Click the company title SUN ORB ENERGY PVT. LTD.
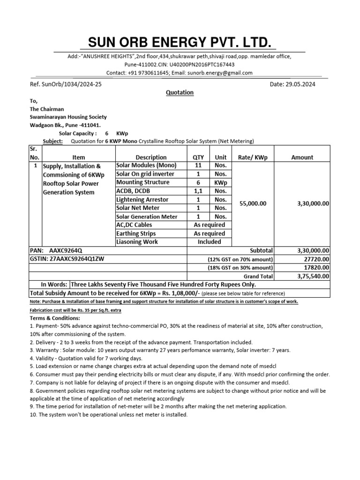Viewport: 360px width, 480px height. pos(180,44)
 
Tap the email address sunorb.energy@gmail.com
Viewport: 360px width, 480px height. pos(219,73)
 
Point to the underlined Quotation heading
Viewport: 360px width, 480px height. pos(180,93)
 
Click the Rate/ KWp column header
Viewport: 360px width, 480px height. pos(252,157)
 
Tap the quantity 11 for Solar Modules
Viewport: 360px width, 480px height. pos(199,165)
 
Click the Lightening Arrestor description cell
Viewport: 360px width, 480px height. pos(142,200)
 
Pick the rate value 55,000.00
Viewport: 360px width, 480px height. pos(253,204)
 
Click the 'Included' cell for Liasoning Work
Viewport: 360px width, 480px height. pos(209,242)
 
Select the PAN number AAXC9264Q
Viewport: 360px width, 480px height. pos(68,251)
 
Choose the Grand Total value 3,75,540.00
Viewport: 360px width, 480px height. pos(313,276)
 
